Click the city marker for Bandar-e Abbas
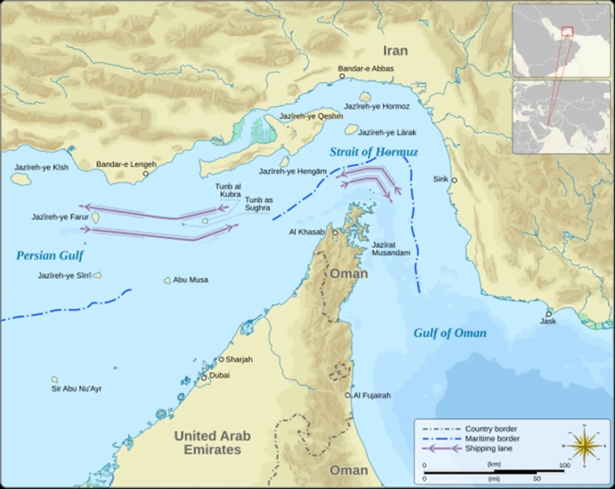coord(342,76)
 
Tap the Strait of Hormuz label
coord(373,152)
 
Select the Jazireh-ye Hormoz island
coord(365,97)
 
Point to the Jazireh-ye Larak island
coord(351,129)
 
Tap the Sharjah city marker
coord(221,360)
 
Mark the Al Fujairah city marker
coord(348,395)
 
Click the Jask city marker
coord(549,313)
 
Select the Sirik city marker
coord(455,180)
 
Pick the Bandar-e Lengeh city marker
coord(146,173)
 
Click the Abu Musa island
coord(168,281)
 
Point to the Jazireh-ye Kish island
coord(20,179)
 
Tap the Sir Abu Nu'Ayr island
coord(54,379)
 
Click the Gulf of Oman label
coord(450,333)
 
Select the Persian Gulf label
coord(45,256)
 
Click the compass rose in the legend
coord(584,444)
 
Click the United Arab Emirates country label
coord(212,442)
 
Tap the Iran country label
coord(396,50)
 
